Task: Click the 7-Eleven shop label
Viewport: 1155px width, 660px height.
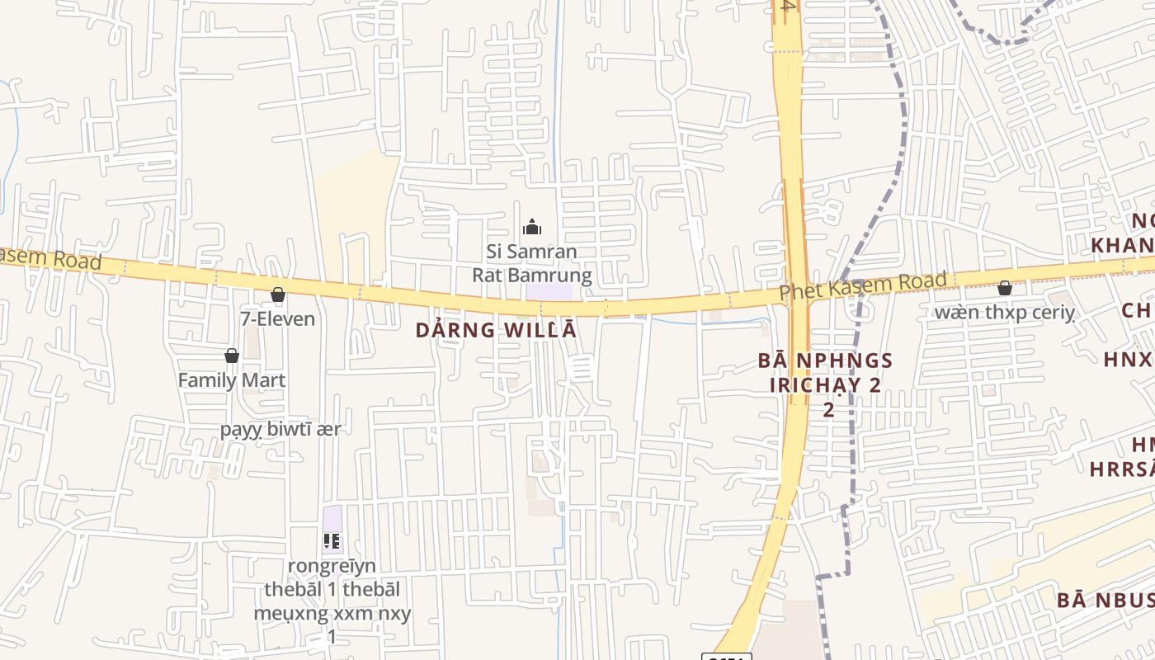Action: (x=277, y=318)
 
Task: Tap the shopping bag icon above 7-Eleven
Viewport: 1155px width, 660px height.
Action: (x=278, y=295)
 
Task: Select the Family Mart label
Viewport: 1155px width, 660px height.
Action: (x=232, y=380)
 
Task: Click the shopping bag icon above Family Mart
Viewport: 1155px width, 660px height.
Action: (x=232, y=356)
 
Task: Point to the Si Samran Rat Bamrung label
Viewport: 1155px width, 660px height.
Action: (x=531, y=263)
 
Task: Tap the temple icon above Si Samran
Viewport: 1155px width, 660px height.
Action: (x=532, y=227)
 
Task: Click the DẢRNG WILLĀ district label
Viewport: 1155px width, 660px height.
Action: (x=496, y=331)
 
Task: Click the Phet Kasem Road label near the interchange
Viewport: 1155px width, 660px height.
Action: (x=863, y=286)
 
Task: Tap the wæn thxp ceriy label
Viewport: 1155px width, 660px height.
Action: (x=1004, y=312)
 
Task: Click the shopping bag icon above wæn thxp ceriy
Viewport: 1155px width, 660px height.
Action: (x=1004, y=288)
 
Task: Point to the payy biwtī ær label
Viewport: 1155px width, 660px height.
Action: (x=280, y=429)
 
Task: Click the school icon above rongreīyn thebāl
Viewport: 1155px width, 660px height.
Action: (x=332, y=542)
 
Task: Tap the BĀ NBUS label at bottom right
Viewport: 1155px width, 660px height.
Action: (x=1105, y=600)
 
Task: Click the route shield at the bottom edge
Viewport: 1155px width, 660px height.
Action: (x=726, y=656)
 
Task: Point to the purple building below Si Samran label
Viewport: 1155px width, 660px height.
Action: (x=549, y=292)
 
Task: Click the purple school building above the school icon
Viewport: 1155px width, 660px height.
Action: (x=332, y=519)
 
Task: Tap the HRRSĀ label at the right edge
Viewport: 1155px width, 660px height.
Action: (x=1122, y=469)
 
